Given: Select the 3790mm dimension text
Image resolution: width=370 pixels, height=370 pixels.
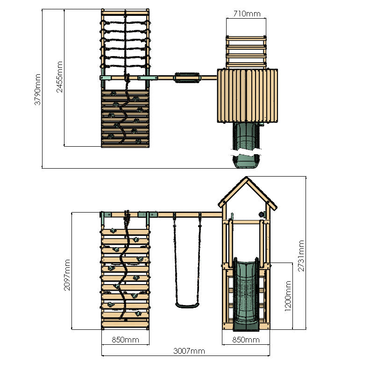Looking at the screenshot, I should [37, 89].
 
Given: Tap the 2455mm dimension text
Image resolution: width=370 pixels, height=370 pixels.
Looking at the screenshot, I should [60, 77].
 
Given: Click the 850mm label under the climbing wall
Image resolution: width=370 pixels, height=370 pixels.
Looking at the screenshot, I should [125, 340].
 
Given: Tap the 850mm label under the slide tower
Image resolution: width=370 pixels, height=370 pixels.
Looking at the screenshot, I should [246, 340].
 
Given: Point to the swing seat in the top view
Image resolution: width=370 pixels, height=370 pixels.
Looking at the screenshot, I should [187, 77].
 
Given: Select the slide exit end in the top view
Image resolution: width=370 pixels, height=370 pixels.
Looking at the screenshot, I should [246, 162].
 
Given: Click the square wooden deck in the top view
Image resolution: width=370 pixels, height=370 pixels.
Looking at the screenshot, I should [247, 95].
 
